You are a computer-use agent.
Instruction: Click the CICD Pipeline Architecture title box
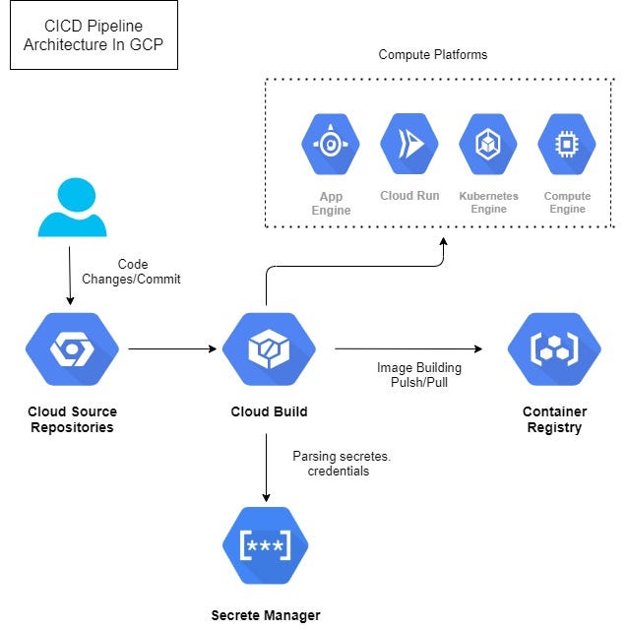(x=94, y=35)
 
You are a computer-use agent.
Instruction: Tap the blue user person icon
(x=72, y=208)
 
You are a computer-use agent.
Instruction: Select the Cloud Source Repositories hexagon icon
(x=72, y=348)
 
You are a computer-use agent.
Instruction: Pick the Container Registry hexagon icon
(x=554, y=348)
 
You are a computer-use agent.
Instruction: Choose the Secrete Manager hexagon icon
(x=267, y=544)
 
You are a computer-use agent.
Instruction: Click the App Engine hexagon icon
(x=331, y=144)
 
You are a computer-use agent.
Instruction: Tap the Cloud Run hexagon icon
(x=409, y=144)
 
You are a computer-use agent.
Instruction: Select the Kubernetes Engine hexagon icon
(x=488, y=144)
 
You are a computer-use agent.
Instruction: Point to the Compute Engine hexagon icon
(x=567, y=144)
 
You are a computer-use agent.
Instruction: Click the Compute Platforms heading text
(x=432, y=54)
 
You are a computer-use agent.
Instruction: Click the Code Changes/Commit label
(x=132, y=272)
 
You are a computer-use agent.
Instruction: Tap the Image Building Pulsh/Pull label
(x=419, y=375)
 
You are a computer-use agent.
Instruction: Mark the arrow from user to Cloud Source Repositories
(x=70, y=276)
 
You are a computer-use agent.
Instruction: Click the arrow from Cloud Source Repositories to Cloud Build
(x=172, y=348)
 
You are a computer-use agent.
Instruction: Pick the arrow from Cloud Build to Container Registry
(x=408, y=348)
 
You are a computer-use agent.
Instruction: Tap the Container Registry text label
(x=554, y=419)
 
